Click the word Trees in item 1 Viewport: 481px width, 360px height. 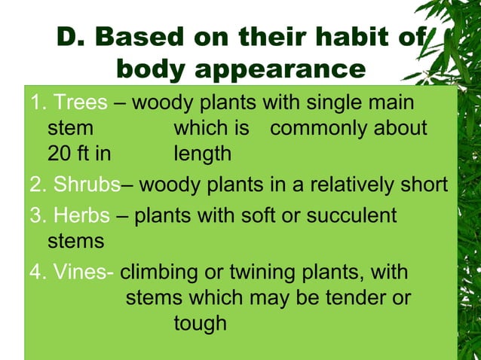[x=81, y=102]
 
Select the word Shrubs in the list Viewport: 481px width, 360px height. [x=87, y=185]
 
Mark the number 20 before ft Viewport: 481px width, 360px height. [x=57, y=154]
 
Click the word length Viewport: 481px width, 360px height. [x=202, y=154]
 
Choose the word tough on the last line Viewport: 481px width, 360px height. [x=200, y=324]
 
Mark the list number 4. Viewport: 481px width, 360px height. [x=35, y=271]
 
